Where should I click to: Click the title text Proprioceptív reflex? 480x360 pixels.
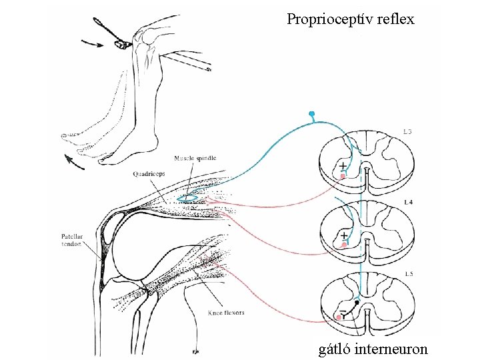(x=351, y=19)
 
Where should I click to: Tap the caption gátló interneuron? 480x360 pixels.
(x=373, y=348)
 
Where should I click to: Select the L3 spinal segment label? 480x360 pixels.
(x=407, y=132)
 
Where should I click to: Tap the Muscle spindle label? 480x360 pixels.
(x=195, y=158)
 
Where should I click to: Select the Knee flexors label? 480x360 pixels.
(x=225, y=312)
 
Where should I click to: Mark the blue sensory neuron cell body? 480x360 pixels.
(x=311, y=115)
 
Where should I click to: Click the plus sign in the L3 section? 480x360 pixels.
(x=343, y=165)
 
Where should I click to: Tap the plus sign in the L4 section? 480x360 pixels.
(x=344, y=235)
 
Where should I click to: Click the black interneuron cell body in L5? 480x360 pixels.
(x=357, y=303)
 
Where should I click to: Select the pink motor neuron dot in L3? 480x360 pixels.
(x=343, y=175)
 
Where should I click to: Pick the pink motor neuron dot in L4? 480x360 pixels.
(x=344, y=245)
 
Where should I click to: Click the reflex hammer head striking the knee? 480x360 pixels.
(x=122, y=45)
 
